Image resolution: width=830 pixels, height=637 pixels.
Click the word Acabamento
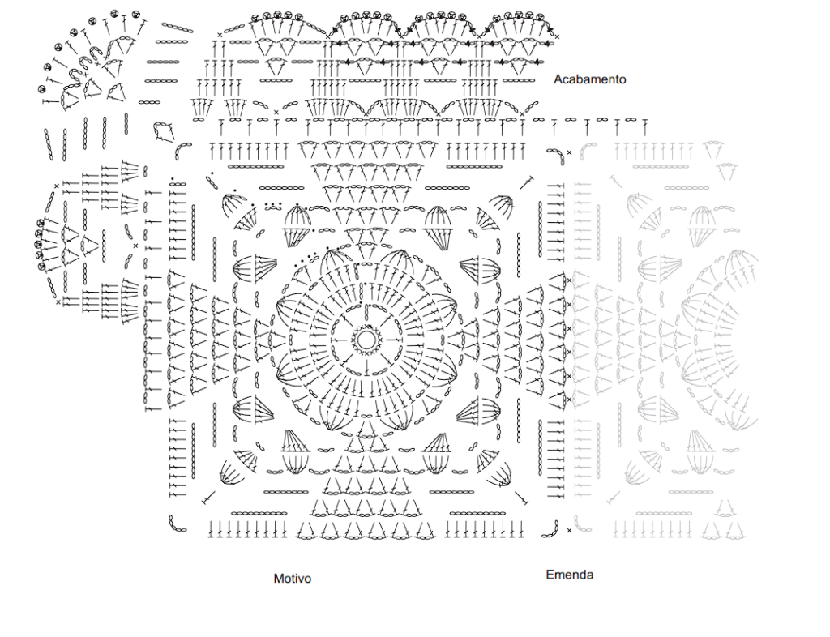coord(590,79)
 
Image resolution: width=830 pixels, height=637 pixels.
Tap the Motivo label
coord(292,579)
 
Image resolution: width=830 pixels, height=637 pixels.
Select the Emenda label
coord(570,575)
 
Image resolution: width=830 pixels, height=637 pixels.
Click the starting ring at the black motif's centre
coord(366,340)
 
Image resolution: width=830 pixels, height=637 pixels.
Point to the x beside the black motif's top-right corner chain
coord(569,152)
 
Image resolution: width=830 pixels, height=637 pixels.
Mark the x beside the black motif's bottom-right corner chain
coord(569,530)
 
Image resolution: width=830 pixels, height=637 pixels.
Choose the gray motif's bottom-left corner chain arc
coord(579,526)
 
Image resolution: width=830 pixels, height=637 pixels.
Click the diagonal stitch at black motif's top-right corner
coord(526,182)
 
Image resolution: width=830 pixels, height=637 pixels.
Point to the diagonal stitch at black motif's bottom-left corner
coord(209,498)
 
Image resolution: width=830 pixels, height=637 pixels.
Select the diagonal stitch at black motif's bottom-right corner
coord(521,498)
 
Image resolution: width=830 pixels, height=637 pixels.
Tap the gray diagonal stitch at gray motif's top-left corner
coord(615,182)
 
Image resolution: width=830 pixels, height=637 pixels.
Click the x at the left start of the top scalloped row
coord(220,36)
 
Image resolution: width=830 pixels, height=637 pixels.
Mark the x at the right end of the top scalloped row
coord(556,36)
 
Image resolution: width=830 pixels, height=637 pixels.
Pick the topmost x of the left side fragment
coord(57,186)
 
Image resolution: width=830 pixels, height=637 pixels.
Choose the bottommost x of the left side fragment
coord(58,302)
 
